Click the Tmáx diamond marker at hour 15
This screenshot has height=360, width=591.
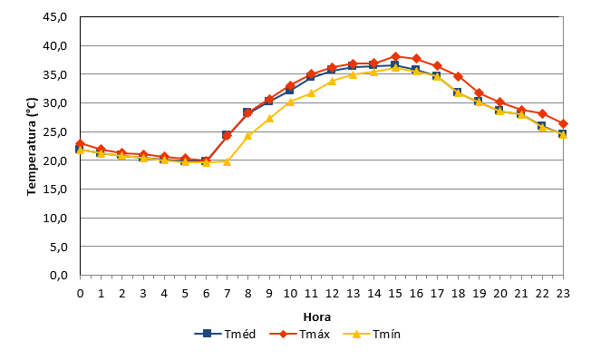coord(395,57)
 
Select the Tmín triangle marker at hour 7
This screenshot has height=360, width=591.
coord(227,161)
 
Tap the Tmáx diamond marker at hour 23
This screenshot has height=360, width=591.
coord(563,124)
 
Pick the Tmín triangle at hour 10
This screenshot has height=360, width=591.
coord(290,102)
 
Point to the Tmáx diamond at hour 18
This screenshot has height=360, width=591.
coord(458,76)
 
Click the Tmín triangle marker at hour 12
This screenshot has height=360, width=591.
coord(332,81)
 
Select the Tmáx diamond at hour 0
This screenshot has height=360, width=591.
coord(81,143)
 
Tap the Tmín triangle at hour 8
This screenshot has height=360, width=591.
coord(248,135)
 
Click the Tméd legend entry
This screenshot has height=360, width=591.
coord(225,334)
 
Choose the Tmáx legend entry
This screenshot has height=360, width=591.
coord(300,334)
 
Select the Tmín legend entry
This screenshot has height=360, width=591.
coord(372,334)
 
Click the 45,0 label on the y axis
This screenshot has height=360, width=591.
coord(55,17)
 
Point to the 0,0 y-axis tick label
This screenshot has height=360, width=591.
coord(58,275)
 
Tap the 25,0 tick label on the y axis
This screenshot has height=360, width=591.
coord(55,131)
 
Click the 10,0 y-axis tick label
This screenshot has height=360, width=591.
coord(55,218)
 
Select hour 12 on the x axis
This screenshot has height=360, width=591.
coord(332,293)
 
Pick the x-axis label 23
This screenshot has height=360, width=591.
coord(563,293)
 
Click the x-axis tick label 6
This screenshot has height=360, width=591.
coord(206,293)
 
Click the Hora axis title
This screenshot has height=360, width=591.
coord(317,317)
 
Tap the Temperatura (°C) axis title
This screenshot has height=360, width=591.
coord(32,146)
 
